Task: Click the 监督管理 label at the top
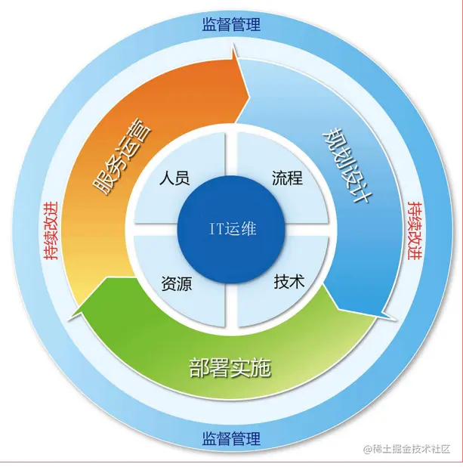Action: click(231, 24)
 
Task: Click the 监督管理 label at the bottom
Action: click(231, 439)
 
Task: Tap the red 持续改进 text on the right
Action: click(414, 230)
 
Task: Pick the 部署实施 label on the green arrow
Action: click(230, 369)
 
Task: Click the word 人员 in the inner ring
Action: click(174, 179)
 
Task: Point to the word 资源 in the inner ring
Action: click(176, 284)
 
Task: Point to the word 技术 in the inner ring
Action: click(289, 283)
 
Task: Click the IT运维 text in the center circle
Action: click(232, 228)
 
